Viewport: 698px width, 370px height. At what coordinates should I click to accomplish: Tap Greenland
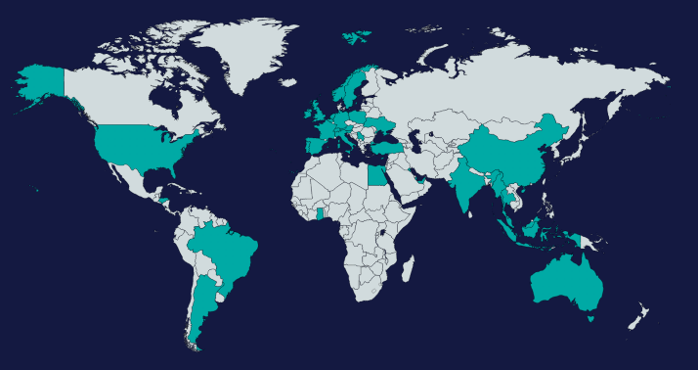(x=244, y=49)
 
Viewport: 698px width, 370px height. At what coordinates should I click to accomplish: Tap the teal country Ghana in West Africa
(x=321, y=217)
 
